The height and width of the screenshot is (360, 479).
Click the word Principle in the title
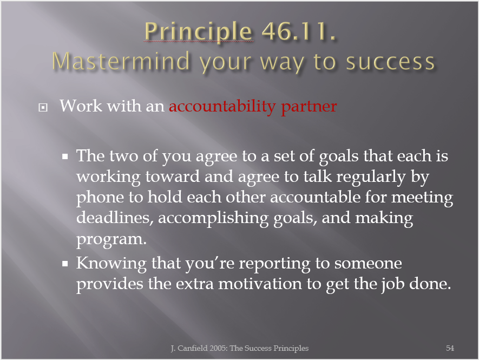point(198,32)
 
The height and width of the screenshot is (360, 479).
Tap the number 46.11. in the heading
point(299,31)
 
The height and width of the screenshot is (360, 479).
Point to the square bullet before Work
point(43,108)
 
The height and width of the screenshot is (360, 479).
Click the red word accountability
point(222,107)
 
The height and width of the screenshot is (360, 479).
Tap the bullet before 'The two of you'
point(65,157)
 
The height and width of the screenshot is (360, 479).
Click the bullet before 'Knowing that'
point(65,264)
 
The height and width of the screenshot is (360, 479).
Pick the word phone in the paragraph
point(100,198)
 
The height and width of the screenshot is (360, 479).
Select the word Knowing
point(111,264)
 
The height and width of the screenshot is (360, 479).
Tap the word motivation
point(260,284)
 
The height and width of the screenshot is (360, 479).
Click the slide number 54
point(450,348)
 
